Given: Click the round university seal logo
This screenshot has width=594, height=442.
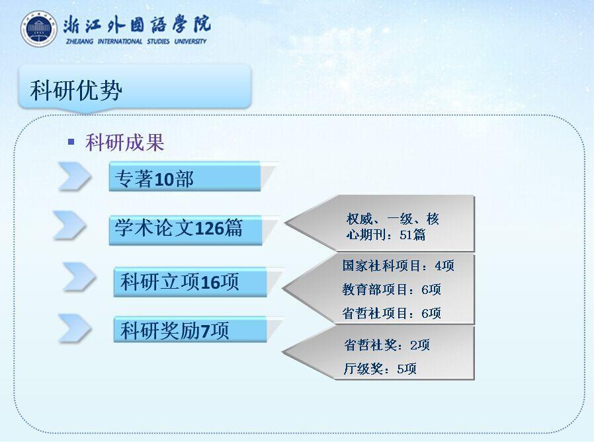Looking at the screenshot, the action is point(39,29).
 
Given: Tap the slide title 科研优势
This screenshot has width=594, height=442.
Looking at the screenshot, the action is point(76,91).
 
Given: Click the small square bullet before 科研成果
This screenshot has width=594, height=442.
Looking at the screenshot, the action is point(71,142).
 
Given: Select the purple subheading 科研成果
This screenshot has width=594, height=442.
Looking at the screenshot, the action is point(124,143).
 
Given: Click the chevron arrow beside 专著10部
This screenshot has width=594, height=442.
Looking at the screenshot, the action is point(75,176).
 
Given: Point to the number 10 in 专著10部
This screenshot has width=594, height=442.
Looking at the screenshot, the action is point(164,179).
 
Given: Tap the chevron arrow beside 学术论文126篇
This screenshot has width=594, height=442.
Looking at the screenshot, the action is point(70,225).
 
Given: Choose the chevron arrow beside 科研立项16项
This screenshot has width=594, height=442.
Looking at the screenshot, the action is point(79,277).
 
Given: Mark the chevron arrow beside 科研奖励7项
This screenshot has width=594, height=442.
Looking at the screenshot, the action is point(75,328).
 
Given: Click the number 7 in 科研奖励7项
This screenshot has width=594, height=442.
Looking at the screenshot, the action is point(205,331).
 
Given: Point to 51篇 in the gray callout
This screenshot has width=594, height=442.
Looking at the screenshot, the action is point(413,235).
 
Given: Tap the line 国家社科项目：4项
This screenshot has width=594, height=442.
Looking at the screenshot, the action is point(398,266).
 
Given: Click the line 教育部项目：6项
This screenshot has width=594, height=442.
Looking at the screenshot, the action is point(392,289).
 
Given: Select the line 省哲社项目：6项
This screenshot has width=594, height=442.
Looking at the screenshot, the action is point(392,313).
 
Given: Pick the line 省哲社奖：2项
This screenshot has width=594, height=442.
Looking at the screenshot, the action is point(387,345).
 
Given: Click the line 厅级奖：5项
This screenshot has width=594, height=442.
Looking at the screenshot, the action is point(380,369).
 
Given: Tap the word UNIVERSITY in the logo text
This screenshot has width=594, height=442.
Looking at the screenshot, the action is point(190,41).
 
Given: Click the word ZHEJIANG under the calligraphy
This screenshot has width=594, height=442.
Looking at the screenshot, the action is point(80,41).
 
